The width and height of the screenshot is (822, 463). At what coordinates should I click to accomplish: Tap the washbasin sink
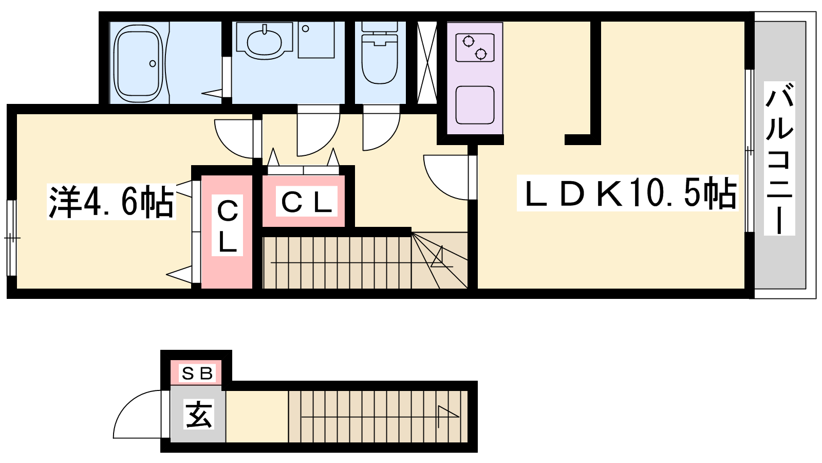point(264,41)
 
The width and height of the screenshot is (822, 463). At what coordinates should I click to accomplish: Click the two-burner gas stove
point(475,47)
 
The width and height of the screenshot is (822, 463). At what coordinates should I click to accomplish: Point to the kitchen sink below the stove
point(475,105)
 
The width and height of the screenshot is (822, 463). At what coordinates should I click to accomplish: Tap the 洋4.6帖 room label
point(111,201)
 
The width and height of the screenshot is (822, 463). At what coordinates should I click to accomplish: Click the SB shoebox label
point(196,373)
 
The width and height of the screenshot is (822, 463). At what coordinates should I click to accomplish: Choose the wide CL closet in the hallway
point(307,202)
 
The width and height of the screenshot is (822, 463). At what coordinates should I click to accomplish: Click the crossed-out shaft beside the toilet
point(426,63)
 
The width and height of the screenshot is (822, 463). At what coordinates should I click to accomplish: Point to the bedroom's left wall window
point(11,238)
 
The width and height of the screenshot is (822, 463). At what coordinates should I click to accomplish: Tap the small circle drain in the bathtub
point(153,64)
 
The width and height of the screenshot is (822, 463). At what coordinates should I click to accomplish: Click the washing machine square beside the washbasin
point(316,40)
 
